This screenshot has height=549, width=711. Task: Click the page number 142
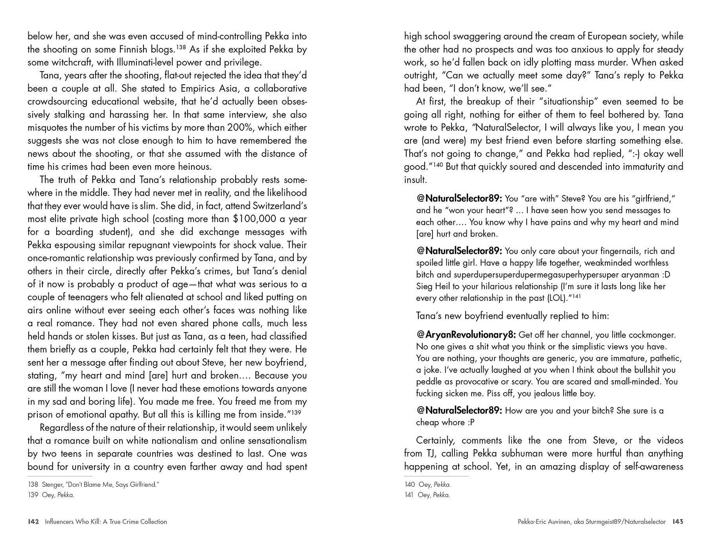click(x=33, y=521)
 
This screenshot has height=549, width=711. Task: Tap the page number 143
click(x=678, y=521)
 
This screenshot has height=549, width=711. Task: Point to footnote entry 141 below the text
click(x=427, y=495)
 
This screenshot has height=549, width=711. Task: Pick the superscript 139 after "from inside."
click(x=296, y=412)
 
